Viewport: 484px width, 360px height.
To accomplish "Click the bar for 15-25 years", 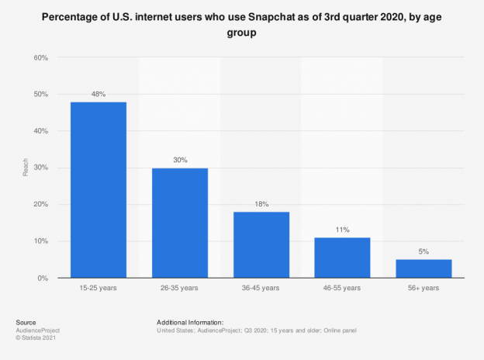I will [x=99, y=189].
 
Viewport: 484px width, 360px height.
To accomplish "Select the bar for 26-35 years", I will [x=179, y=223].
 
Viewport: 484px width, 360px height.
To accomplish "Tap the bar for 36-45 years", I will [x=261, y=244].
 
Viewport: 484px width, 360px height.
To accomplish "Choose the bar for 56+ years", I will [x=423, y=268].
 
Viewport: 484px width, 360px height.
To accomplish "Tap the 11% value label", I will [x=342, y=230].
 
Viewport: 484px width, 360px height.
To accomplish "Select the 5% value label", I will [x=423, y=252].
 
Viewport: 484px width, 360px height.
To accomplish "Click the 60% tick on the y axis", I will [x=41, y=58].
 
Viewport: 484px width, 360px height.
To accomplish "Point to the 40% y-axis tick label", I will [x=41, y=131].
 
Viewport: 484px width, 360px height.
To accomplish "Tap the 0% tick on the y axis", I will [x=43, y=278].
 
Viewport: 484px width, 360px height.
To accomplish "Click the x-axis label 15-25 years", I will [x=99, y=289].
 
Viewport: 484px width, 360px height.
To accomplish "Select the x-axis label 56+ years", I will [x=423, y=289].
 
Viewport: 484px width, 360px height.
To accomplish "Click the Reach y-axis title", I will [x=26, y=168].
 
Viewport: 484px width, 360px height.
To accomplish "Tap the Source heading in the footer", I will [x=26, y=321].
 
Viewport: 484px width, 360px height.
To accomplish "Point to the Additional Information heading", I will [x=190, y=321].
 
